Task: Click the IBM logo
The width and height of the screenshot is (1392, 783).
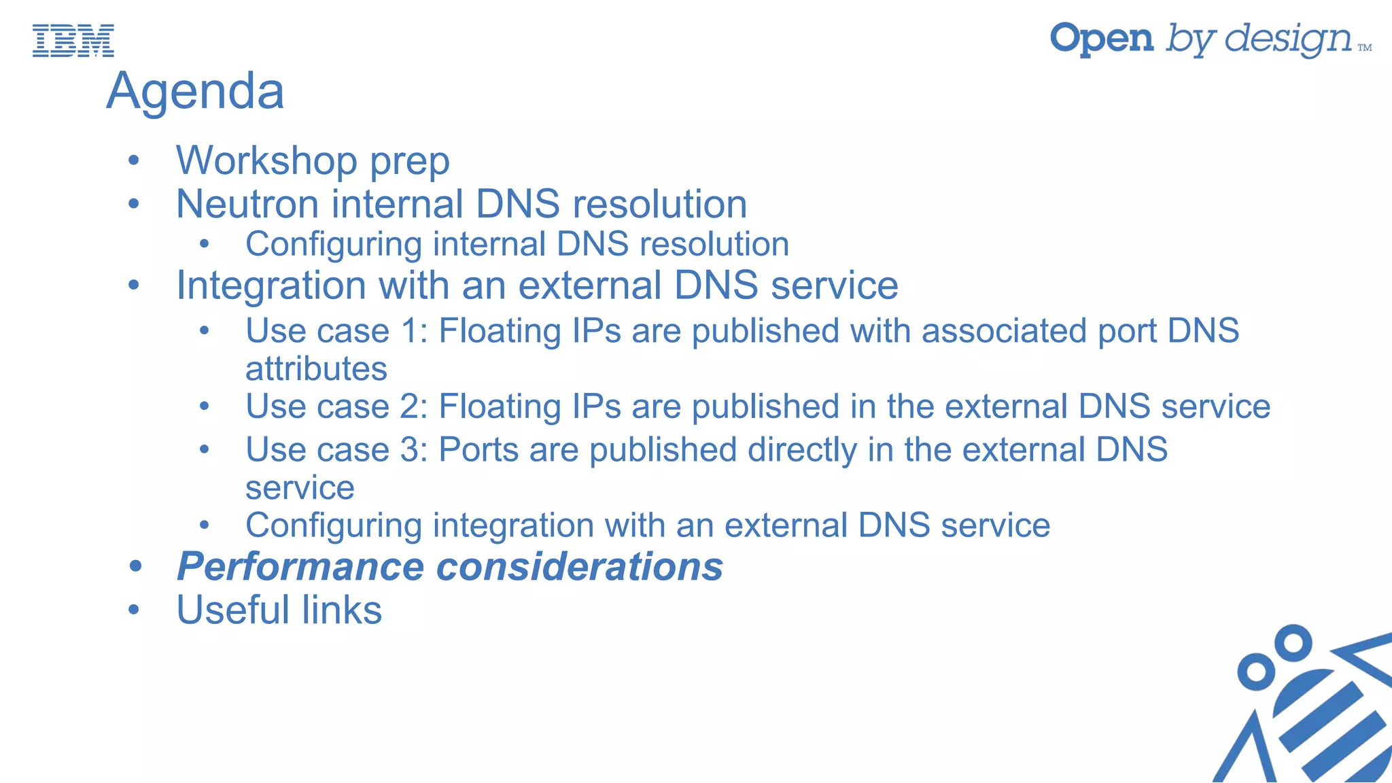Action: tap(73, 40)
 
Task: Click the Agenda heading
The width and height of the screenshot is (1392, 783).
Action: tap(195, 91)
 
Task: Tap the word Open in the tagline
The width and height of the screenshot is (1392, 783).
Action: tap(1102, 39)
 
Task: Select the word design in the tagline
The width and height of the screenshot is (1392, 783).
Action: tap(1288, 39)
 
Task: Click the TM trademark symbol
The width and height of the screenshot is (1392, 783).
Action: tap(1365, 48)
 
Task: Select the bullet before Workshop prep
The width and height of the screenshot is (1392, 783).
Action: tap(134, 160)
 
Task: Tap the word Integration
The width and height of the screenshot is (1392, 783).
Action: tap(271, 285)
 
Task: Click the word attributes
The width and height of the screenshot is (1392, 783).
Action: tap(316, 369)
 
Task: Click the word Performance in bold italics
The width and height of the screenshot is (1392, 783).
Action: tap(300, 567)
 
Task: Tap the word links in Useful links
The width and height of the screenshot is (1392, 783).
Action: tap(341, 610)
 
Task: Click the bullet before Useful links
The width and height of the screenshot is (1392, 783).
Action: tap(134, 610)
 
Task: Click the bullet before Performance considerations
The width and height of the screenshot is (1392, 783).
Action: tap(135, 567)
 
